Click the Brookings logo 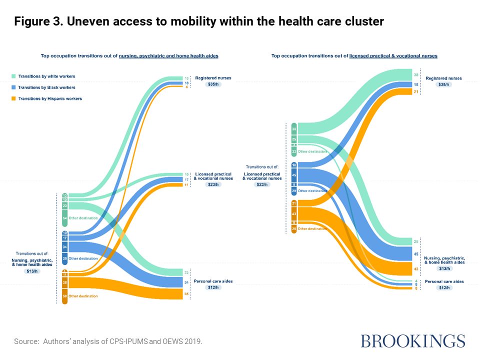pyautogui.click(x=412, y=341)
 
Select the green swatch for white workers pyautogui.click(x=13, y=76)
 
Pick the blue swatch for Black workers pyautogui.click(x=13, y=87)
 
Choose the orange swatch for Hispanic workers pyautogui.click(x=13, y=98)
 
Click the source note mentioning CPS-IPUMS pyautogui.click(x=108, y=341)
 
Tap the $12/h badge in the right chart pyautogui.click(x=443, y=287)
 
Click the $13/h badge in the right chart pyautogui.click(x=443, y=268)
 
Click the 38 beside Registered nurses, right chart pyautogui.click(x=416, y=75)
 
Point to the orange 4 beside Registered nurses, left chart pyautogui.click(x=186, y=87)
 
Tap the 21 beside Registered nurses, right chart pyautogui.click(x=416, y=91)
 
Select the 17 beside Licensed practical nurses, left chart pyautogui.click(x=186, y=179)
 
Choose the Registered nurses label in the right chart pyautogui.click(x=443, y=78)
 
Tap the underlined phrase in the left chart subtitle pyautogui.click(x=168, y=56)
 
